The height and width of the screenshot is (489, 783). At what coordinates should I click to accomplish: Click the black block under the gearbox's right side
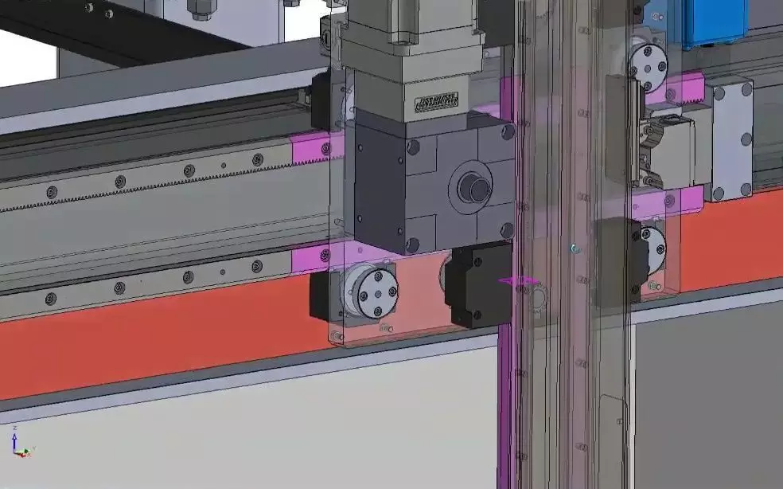click(x=481, y=284)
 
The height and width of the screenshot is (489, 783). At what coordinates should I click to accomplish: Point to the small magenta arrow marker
click(x=516, y=280)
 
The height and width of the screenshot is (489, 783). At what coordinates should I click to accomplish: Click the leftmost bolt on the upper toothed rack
click(x=52, y=192)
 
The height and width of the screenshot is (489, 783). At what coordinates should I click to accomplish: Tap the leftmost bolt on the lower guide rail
click(x=52, y=299)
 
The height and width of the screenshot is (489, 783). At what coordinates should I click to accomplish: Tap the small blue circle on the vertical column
click(x=575, y=249)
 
